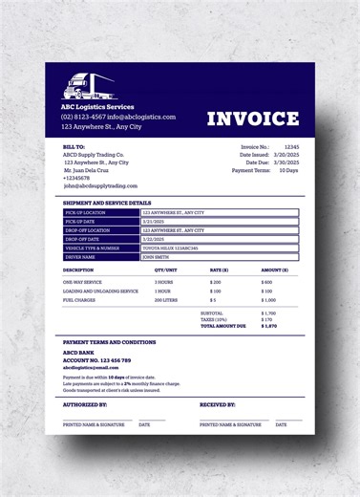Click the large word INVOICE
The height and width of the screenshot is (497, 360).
253,119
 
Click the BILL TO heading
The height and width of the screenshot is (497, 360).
74,146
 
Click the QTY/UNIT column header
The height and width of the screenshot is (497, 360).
166,270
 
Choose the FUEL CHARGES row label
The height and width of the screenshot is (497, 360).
81,300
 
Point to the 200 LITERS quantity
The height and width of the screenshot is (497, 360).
167,300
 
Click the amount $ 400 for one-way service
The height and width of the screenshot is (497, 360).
266,283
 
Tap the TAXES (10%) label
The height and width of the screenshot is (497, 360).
214,319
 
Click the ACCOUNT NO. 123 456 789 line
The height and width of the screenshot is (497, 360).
97,360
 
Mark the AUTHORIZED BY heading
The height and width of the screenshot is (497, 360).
85,404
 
